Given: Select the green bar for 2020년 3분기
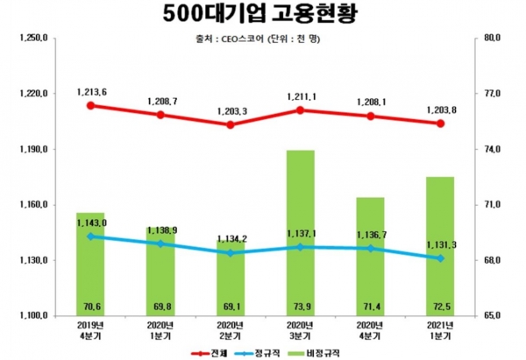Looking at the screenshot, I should pyautogui.click(x=301, y=232).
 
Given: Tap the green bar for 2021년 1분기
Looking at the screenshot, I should pyautogui.click(x=440, y=245).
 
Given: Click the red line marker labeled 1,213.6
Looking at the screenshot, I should pyautogui.click(x=90, y=105).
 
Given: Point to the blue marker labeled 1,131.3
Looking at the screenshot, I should pyautogui.click(x=440, y=258).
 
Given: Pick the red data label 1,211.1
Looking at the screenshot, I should pyautogui.click(x=301, y=95).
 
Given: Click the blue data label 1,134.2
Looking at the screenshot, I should pyautogui.click(x=231, y=237).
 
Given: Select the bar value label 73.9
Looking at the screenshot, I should pyautogui.click(x=301, y=307).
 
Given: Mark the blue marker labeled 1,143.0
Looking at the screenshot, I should pyautogui.click(x=90, y=236).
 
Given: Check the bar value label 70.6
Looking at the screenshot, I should pyautogui.click(x=90, y=307).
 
